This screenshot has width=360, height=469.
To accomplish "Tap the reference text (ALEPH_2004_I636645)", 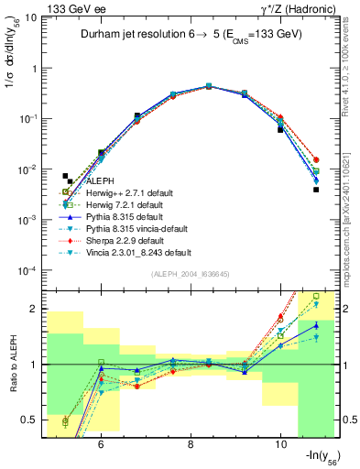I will (191, 275).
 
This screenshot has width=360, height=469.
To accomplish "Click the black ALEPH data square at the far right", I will (315, 190).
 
